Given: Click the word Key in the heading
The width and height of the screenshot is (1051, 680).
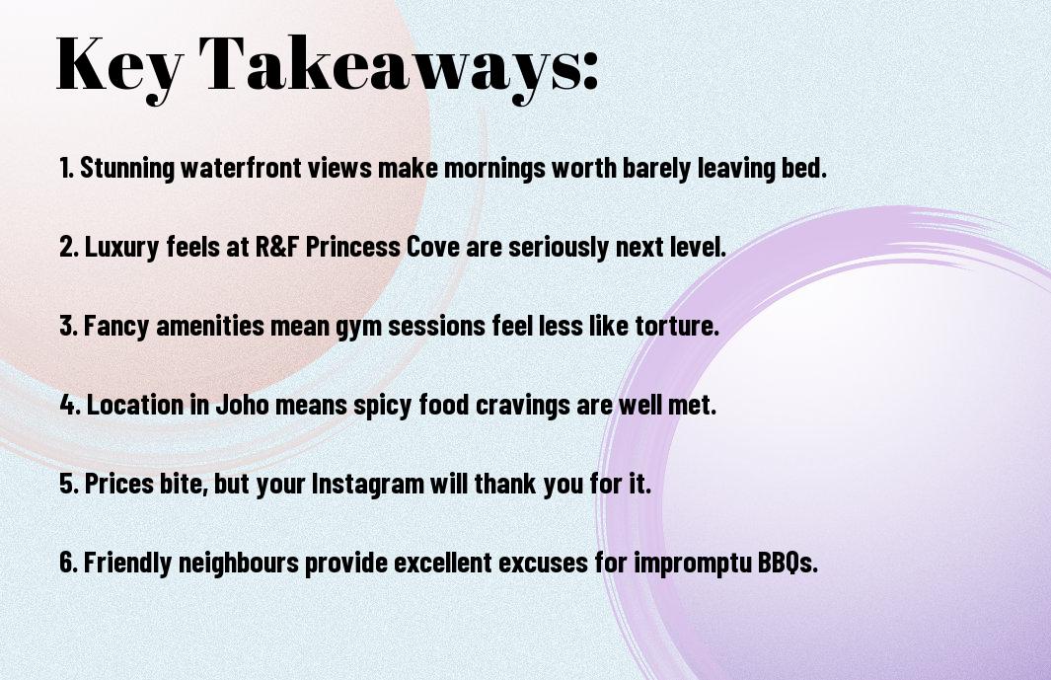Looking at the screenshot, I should coord(119,65).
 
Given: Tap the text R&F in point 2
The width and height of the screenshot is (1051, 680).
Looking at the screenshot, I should coord(276,248).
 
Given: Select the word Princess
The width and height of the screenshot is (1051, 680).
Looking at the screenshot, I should coord(353,248).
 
